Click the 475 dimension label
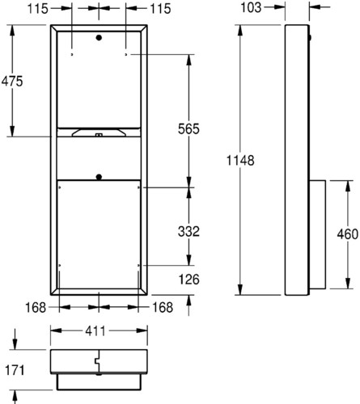[12, 81]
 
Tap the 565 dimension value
[188, 128]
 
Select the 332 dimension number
[188, 231]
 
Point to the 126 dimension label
[188, 280]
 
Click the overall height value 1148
[240, 161]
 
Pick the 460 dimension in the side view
[348, 234]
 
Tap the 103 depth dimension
[251, 7]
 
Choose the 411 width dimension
[95, 331]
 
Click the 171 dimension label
[15, 370]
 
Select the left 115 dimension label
[37, 9]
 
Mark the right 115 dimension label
[160, 9]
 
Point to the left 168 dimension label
[36, 307]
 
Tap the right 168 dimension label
[163, 307]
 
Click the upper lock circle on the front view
[99, 38]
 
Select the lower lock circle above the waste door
[99, 177]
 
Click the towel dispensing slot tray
[99, 133]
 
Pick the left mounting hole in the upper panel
[72, 55]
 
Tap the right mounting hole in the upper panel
[126, 55]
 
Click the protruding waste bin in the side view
[317, 234]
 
